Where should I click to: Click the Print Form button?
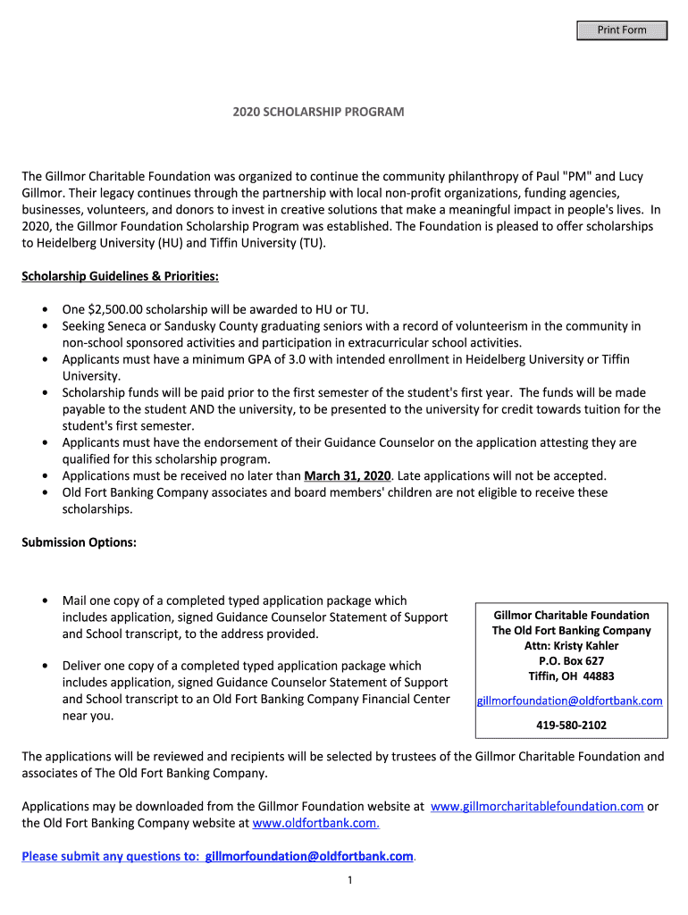622,30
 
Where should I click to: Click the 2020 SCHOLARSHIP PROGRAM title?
318,112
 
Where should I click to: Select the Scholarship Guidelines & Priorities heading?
120,275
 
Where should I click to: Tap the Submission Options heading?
79,542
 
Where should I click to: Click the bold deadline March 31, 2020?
348,475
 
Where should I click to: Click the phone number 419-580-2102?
571,725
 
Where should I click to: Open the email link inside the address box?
570,701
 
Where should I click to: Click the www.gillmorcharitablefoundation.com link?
537,806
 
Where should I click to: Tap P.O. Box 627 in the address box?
571,660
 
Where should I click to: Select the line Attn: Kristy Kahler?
571,645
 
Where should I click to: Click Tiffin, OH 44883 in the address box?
571,676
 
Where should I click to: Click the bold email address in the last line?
309,856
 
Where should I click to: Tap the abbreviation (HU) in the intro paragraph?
166,243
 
